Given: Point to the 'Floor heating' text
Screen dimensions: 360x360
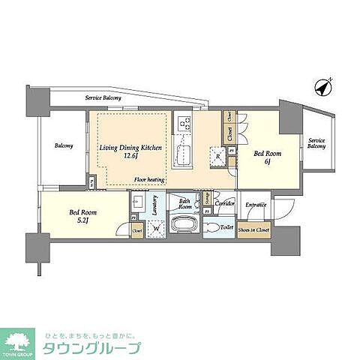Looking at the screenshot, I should coord(149,180).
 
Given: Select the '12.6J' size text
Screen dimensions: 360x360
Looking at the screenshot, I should coord(129,157).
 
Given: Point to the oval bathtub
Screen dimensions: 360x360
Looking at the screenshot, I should coord(185,225).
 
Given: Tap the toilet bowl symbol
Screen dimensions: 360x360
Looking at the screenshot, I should coord(211,227).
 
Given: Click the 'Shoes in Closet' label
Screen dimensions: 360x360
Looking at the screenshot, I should coord(254,229).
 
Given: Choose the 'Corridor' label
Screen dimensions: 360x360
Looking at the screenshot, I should coord(225,203).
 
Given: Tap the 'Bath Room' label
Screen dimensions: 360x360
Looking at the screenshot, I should coord(184,202).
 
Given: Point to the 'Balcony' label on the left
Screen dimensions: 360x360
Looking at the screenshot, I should coord(63,145).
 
